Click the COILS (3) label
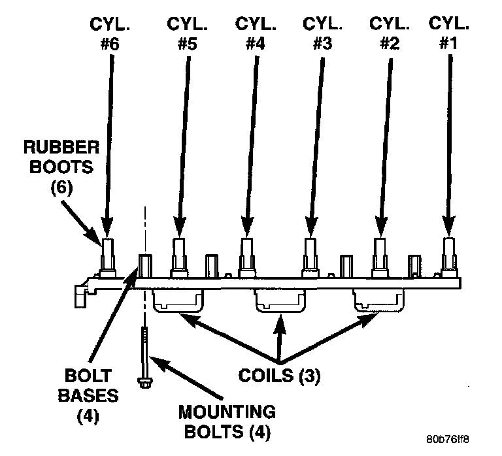279,377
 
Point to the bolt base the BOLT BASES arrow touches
144,267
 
